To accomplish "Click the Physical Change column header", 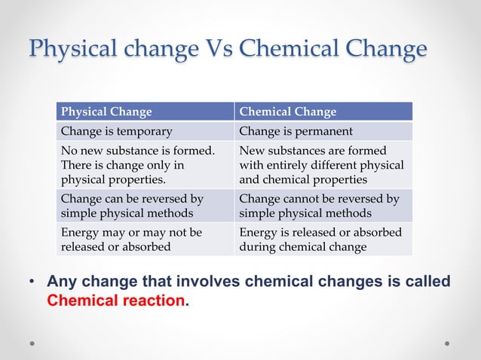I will tap(106, 112).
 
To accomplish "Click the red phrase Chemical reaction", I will tap(115, 300).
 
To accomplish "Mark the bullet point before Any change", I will tap(32, 282).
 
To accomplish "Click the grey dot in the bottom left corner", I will tap(33, 343).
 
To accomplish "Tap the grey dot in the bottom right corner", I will tap(447, 343).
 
